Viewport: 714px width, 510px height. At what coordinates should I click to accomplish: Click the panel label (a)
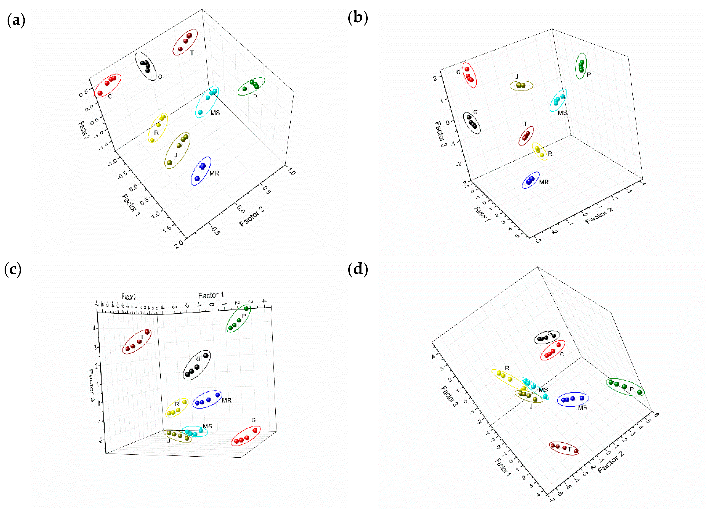pyautogui.click(x=16, y=21)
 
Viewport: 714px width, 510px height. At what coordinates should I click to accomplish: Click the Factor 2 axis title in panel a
pyautogui.click(x=252, y=217)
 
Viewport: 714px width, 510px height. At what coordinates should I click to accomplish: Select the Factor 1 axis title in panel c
pyautogui.click(x=211, y=295)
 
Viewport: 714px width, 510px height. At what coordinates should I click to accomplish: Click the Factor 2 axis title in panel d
pyautogui.click(x=611, y=462)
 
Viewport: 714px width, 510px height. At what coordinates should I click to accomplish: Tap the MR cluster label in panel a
pyautogui.click(x=214, y=173)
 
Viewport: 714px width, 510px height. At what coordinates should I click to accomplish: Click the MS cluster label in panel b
pyautogui.click(x=562, y=113)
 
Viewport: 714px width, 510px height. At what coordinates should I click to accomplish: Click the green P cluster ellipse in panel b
pyautogui.click(x=581, y=66)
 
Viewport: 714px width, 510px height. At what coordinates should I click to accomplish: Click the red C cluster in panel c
pyautogui.click(x=246, y=436)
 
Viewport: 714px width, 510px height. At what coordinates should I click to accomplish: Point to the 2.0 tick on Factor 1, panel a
pyautogui.click(x=179, y=244)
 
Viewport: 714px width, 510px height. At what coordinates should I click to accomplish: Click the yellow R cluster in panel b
pyautogui.click(x=539, y=151)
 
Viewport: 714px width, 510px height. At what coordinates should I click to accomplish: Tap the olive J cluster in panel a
pyautogui.click(x=177, y=150)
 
